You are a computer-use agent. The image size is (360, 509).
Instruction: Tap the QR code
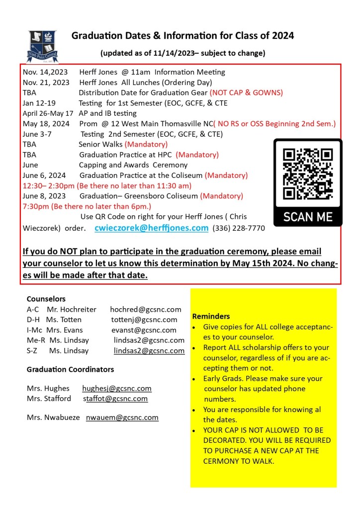tap(308, 173)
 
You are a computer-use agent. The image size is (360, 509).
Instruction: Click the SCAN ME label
tap(308, 217)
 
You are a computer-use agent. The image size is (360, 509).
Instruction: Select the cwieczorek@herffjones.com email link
tap(151, 228)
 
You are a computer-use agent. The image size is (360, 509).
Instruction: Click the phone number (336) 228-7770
tap(239, 229)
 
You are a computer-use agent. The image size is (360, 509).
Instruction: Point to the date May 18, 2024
tap(46, 124)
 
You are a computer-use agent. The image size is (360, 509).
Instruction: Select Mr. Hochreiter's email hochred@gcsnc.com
tap(146, 309)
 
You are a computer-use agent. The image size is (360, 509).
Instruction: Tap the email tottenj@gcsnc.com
tap(144, 320)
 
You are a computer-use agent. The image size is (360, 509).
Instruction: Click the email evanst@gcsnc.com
tap(144, 330)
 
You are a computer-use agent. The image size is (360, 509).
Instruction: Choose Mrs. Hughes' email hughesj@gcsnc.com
tap(117, 388)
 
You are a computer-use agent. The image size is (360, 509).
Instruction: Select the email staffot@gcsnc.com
tap(115, 399)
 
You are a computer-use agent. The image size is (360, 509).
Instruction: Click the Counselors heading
tap(46, 299)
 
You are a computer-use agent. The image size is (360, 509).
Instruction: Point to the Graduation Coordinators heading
tap(70, 369)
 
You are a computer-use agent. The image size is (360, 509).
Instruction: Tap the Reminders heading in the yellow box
tap(211, 316)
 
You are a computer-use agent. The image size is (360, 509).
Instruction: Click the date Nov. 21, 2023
tap(46, 83)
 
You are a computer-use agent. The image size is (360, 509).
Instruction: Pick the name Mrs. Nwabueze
tap(53, 418)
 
